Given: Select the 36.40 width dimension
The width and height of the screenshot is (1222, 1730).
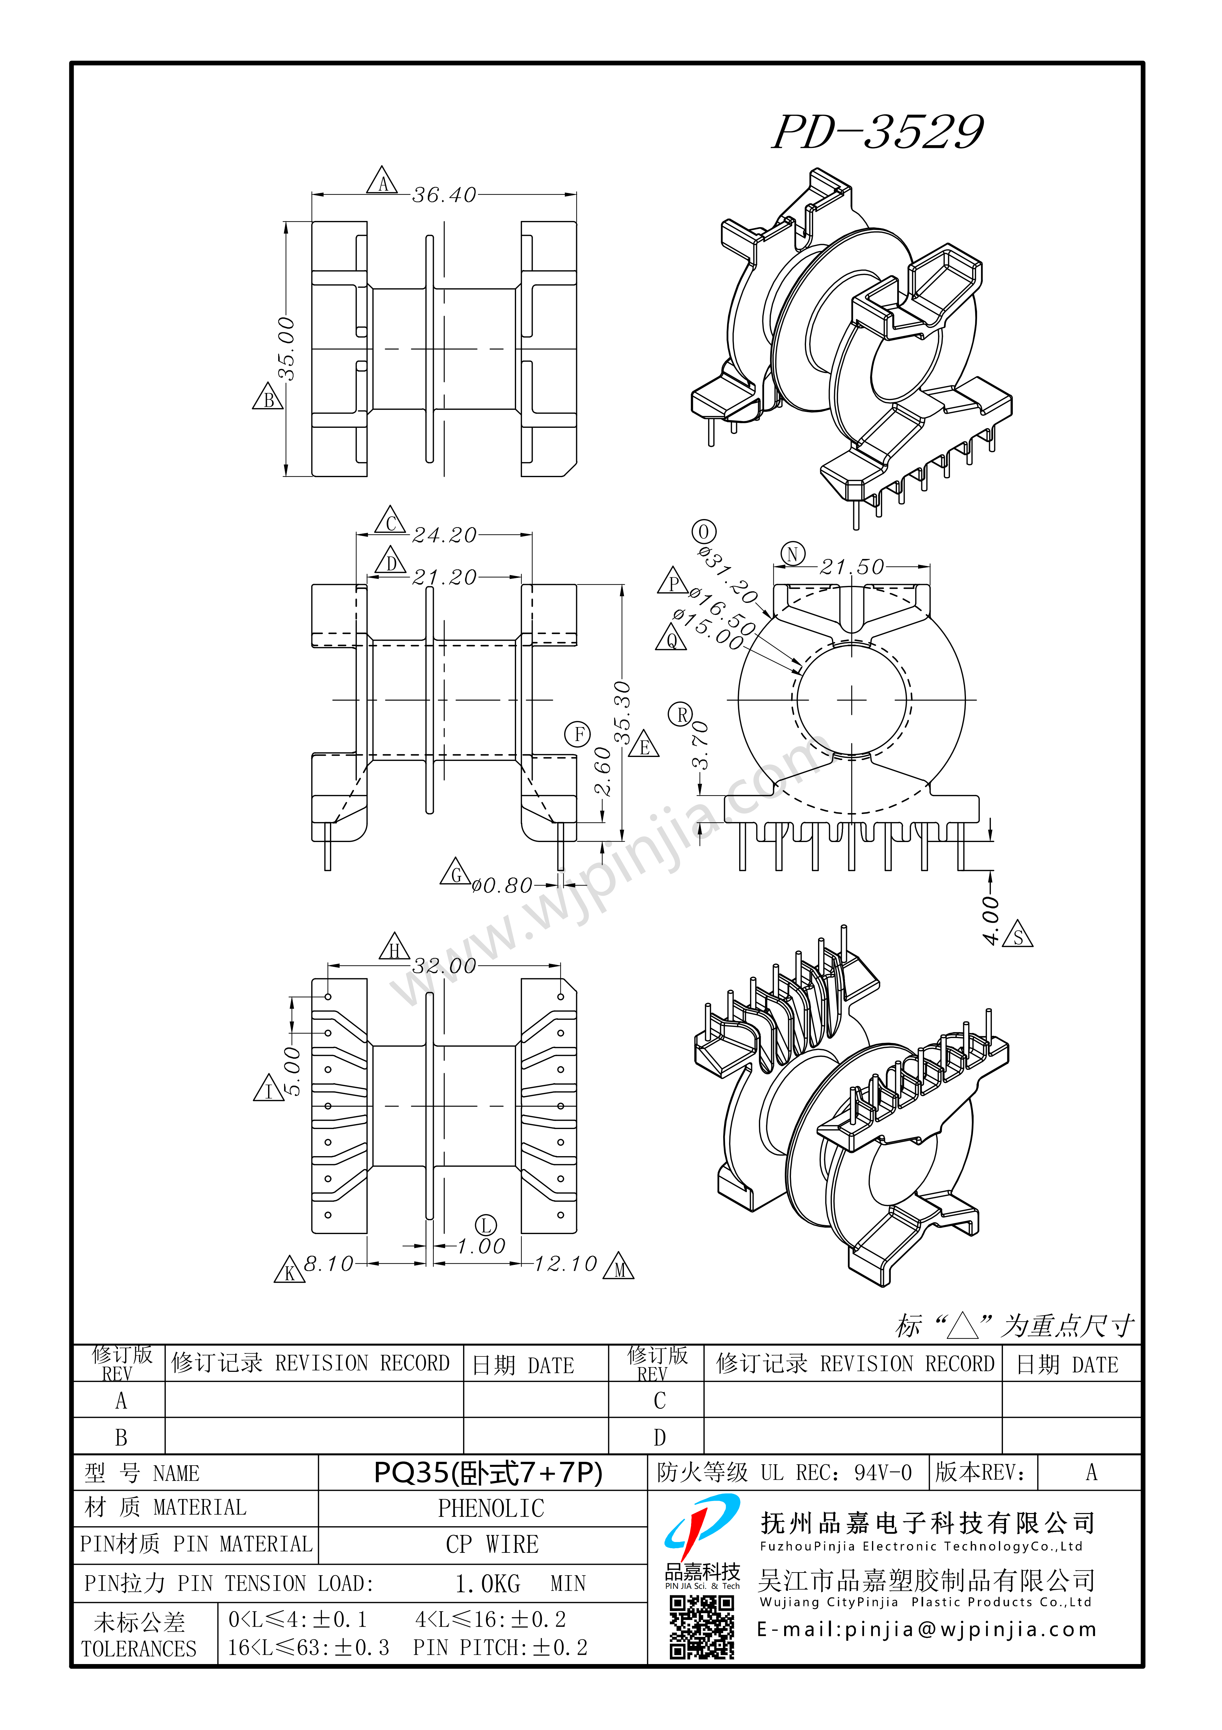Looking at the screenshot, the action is pos(445,195).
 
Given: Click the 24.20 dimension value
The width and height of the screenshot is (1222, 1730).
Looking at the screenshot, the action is pos(445,535).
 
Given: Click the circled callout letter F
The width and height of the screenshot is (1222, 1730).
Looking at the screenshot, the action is pos(579,734).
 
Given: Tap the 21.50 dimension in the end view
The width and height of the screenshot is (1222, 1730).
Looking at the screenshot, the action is pos(852,566).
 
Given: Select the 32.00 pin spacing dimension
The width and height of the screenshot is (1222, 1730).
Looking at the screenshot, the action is pos(445,966).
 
